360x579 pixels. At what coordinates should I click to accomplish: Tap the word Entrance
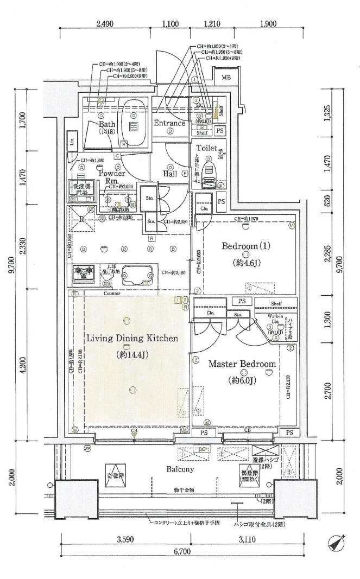pos(169,123)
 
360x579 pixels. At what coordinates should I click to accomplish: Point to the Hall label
pos(172,174)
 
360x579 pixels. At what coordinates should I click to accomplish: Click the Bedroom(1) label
pos(246,246)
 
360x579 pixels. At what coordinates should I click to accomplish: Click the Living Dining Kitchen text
pos(132,338)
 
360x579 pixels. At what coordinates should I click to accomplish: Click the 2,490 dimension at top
pos(106,23)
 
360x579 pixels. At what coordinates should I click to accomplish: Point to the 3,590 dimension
pos(125,540)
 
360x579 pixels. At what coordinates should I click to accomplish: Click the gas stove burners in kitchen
pos(84,273)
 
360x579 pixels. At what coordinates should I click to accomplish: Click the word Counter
pos(111,293)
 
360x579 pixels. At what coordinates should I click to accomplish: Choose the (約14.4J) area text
pos(132,355)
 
